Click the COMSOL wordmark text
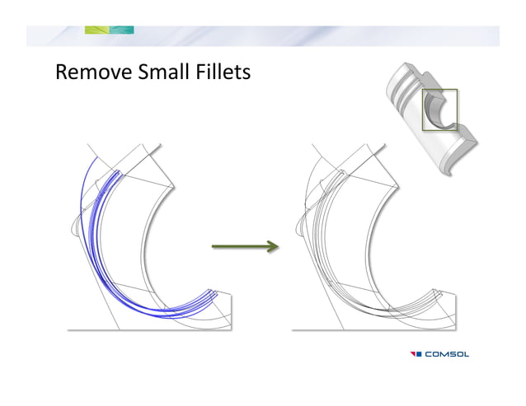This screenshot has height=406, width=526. click(x=448, y=354)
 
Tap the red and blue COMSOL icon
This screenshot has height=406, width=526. click(x=416, y=354)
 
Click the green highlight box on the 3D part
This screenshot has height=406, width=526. click(x=439, y=110)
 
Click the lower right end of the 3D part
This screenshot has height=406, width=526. click(x=462, y=156)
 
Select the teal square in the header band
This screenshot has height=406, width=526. click(x=122, y=30)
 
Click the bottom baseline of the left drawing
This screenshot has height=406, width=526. click(x=148, y=329)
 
